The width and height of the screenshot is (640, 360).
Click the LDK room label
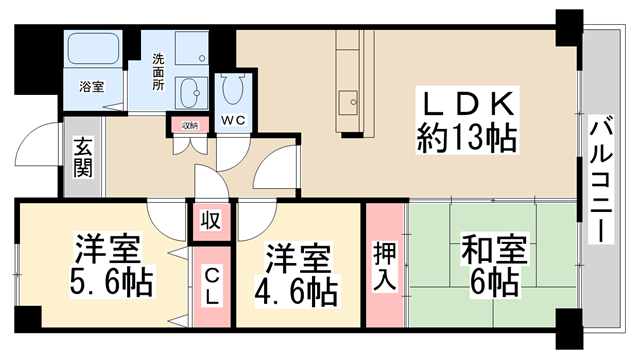pos(468,104)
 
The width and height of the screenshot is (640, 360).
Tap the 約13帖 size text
pos(467,138)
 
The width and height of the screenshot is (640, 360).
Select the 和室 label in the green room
pos(494,249)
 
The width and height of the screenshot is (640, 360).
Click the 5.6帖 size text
pos(111,282)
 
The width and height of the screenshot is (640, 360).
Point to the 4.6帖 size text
pos(296,291)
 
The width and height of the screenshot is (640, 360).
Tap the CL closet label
pos(211,287)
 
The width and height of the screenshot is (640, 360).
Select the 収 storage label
pos(211,220)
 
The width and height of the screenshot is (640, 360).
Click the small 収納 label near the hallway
pos(190,125)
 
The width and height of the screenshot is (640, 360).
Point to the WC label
pos(233,120)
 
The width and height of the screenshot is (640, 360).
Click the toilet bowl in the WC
pos(233,90)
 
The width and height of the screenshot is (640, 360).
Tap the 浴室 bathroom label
pos(92,87)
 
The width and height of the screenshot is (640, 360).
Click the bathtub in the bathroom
pos(93,48)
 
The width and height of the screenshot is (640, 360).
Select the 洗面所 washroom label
pos(158,72)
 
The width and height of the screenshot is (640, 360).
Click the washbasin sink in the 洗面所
pos(191,93)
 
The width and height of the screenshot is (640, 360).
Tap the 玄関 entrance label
pos(83,158)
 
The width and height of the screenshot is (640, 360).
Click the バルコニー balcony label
pos(601,179)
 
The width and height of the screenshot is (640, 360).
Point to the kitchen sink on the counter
pos(348,102)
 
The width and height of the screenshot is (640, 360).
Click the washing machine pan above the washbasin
pos(191,48)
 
